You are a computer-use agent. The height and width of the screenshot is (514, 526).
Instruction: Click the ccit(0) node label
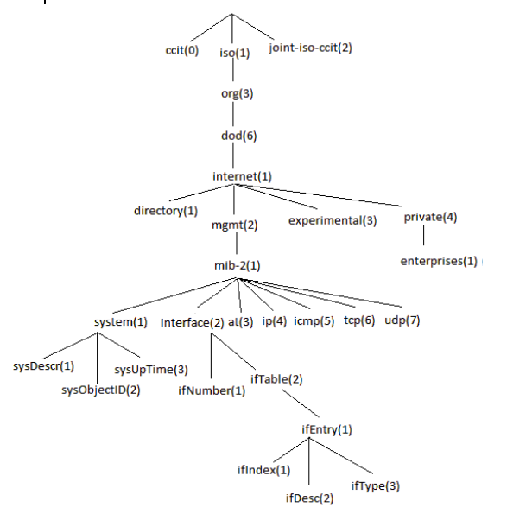pos(181,50)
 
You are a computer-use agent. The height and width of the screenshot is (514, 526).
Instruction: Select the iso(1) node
pos(233,53)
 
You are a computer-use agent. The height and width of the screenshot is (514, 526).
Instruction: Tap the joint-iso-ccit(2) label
pos(310,47)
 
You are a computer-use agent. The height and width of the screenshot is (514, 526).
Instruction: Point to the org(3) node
pos(236,93)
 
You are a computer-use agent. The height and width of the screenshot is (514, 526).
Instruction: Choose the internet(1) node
pos(242,176)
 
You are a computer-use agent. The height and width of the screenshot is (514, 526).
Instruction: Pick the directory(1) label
pos(166,210)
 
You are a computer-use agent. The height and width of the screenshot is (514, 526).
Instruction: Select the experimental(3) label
pos(333,220)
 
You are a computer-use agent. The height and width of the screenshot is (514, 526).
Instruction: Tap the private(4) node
pos(429,217)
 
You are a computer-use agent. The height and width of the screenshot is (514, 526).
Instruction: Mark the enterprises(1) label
pos(438,260)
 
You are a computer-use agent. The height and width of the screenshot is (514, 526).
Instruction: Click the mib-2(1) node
pos(238,265)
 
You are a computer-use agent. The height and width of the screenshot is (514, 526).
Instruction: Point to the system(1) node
pos(121,322)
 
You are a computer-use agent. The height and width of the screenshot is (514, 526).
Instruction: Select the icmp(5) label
pos(314,322)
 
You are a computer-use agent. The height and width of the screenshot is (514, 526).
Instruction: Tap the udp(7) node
pos(402,322)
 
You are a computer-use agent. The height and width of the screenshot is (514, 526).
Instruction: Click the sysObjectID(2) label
pos(100,390)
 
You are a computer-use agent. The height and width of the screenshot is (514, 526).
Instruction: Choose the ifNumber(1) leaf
pos(212,390)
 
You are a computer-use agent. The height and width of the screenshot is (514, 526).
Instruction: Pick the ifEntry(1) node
pos(326,428)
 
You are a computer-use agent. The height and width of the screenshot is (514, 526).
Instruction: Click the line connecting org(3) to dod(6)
pos(236,114)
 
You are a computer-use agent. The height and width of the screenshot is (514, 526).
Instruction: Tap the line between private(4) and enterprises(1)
pos(423,238)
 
